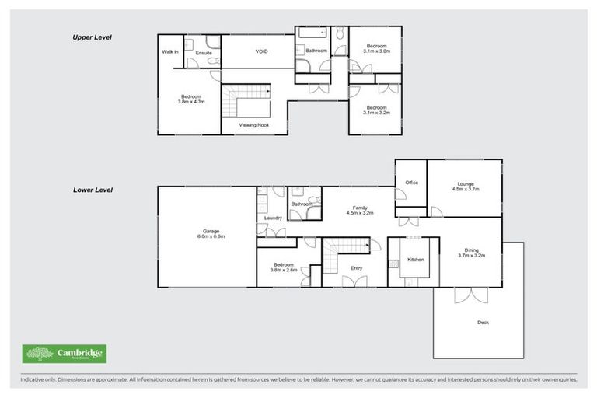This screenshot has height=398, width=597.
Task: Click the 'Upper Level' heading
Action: coord(93,37)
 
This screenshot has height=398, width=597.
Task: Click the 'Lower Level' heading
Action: coord(93,189)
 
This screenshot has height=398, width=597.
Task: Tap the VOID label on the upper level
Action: coord(262,52)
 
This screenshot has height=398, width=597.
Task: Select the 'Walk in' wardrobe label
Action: coord(169,52)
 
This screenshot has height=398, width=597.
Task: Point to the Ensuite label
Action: coord(204,53)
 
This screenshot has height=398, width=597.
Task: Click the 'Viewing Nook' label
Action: coord(254,124)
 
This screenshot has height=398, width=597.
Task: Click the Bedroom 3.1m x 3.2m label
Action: coord(376,110)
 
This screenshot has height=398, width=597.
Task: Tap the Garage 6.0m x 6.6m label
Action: coord(211,233)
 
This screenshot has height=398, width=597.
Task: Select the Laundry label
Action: coord(273,218)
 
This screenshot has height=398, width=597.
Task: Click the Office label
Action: coord(411,183)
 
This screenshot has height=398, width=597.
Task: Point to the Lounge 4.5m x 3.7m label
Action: coord(466,187)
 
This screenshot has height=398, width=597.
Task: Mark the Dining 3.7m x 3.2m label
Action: coord(472,252)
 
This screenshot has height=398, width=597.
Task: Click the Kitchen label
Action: coord(416,259)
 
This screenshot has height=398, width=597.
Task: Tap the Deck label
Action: coord(483,322)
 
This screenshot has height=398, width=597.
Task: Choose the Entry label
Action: coord(356,268)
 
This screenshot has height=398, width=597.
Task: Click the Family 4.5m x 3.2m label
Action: coord(361,210)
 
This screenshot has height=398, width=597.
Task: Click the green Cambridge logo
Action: coord(65,354)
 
